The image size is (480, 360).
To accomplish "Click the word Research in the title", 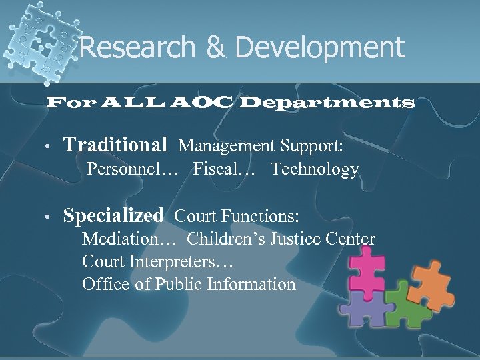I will [x=133, y=47].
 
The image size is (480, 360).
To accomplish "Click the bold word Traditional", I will [x=115, y=144].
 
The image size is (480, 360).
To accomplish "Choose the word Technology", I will [x=315, y=170].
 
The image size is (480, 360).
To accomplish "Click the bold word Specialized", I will [x=113, y=216].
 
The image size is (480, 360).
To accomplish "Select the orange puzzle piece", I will [x=437, y=293].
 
